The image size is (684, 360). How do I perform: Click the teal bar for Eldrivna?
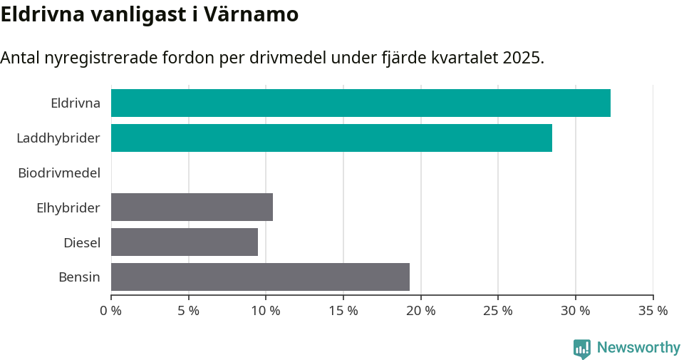coord(361,103)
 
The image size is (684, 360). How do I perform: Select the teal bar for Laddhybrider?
coord(331,138)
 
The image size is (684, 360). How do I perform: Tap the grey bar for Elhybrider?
coord(192,207)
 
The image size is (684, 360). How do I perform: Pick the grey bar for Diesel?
coord(185,242)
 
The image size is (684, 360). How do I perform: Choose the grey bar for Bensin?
coord(260,277)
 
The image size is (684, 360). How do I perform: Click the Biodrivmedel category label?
coord(59,173)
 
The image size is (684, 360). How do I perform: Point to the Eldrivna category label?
coord(76,103)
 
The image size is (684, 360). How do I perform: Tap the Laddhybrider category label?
coord(58,138)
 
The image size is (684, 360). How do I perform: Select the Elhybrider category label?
coord(68,207)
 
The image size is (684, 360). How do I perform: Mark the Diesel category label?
coord(82,242)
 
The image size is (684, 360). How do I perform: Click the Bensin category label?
coord(79,277)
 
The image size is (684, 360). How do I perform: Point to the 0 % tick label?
coord(111,311)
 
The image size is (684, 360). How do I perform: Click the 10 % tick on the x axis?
coord(266,311)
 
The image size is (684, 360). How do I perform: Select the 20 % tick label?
coord(420,311)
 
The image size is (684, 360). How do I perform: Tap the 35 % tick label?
coord(653,311)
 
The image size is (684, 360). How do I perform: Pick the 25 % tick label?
coord(498,311)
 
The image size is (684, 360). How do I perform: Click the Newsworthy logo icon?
coord(582,349)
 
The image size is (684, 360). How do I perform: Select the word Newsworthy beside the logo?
coord(638,348)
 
